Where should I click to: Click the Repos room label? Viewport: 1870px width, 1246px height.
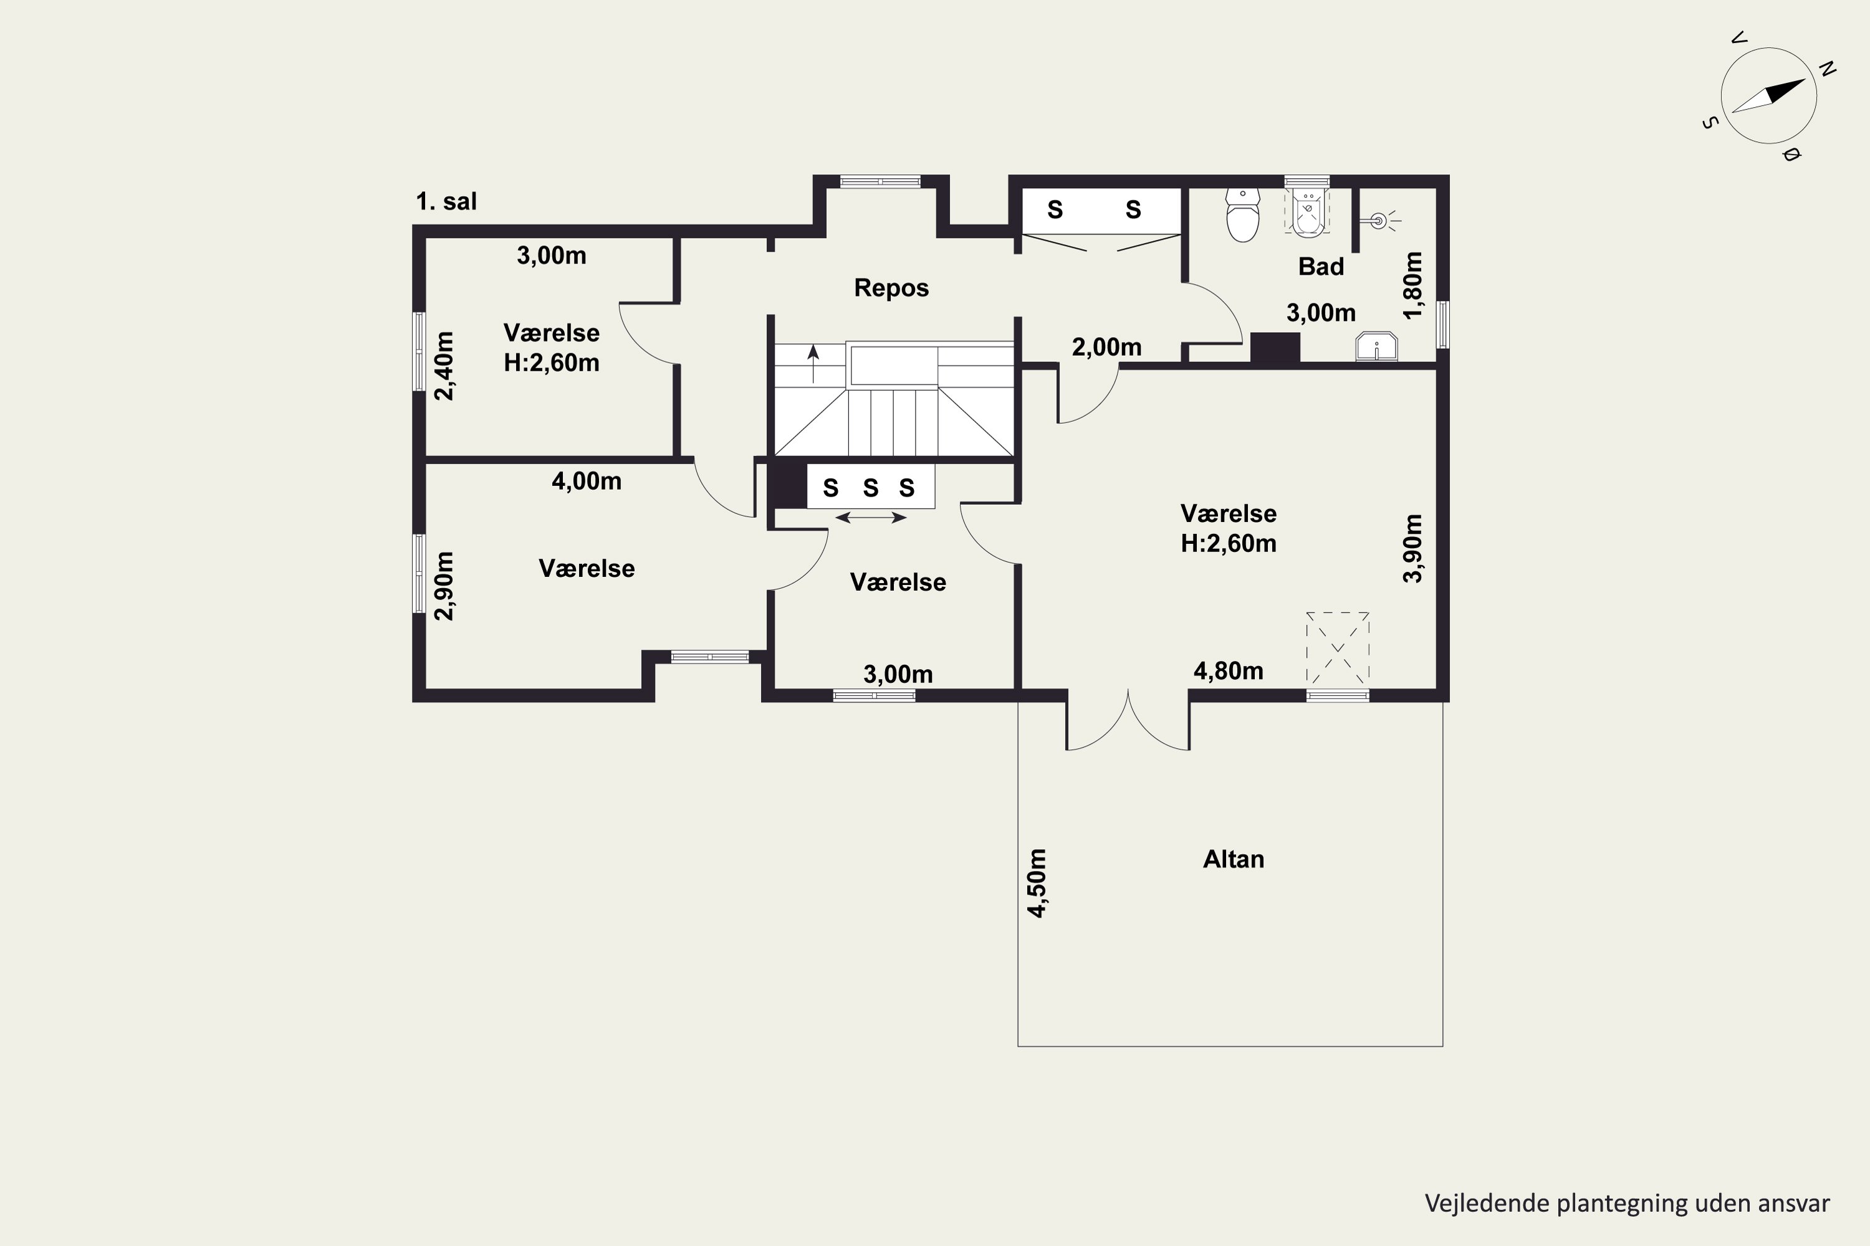(x=891, y=288)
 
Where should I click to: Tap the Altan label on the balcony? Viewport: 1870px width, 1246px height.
(x=1233, y=859)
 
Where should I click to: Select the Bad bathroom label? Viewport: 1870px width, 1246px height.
(x=1321, y=266)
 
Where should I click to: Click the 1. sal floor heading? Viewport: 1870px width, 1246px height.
(x=446, y=201)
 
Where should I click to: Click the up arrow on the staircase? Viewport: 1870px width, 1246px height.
(x=813, y=364)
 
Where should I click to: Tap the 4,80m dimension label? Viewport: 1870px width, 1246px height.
(x=1229, y=671)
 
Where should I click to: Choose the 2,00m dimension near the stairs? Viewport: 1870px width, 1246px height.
(x=1107, y=347)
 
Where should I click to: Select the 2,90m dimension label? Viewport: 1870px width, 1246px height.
(x=444, y=586)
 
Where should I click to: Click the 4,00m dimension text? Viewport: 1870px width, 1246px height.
(x=587, y=481)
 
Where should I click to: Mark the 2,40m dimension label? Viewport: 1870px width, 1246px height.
(x=444, y=366)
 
